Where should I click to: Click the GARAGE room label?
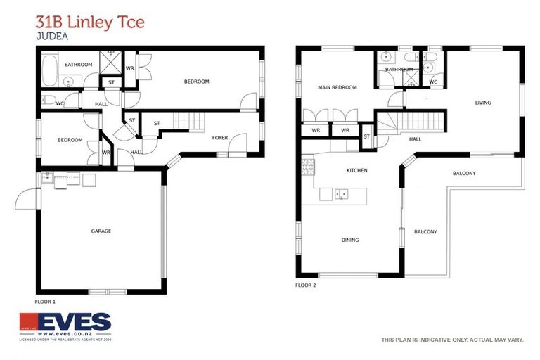tap(101, 231)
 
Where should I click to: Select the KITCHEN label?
tap(356, 170)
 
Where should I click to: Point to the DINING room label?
tap(349, 240)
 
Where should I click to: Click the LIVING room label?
tap(482, 103)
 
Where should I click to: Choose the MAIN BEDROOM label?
tap(337, 87)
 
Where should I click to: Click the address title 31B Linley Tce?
tap(89, 22)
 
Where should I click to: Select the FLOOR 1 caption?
tap(45, 300)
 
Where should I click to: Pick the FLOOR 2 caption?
tap(306, 285)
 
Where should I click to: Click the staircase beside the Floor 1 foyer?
tap(188, 121)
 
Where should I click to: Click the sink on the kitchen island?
tap(340, 193)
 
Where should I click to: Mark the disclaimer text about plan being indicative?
tap(452, 340)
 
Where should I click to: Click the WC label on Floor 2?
tap(432, 82)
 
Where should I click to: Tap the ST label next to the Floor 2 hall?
tap(366, 136)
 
